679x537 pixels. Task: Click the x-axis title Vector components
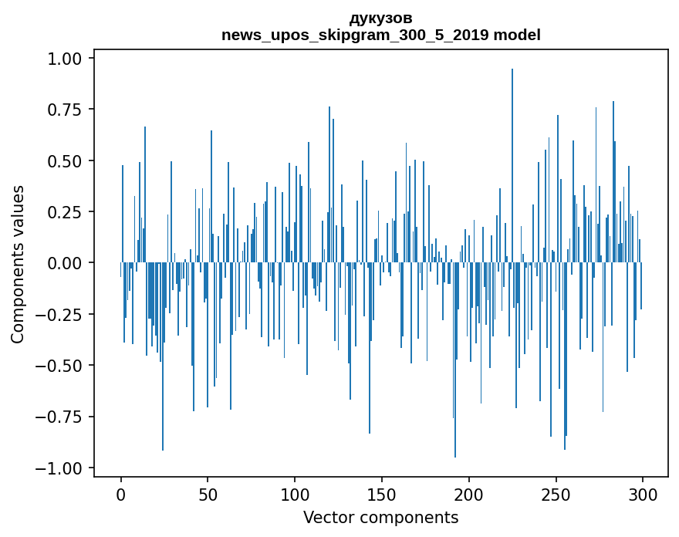coord(381,517)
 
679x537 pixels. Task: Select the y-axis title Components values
coord(18,264)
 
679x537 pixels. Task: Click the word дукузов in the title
coord(381,18)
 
